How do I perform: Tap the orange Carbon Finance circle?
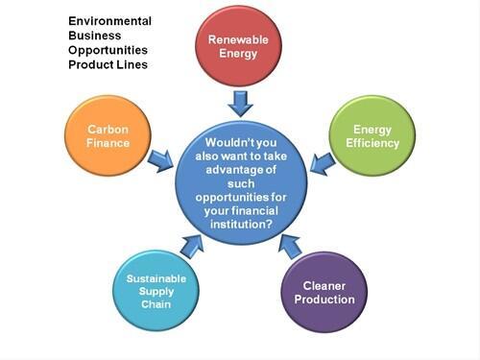point(108,135)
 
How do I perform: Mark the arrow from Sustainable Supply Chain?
point(193,249)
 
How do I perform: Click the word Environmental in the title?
point(108,20)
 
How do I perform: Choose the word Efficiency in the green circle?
point(371,142)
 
